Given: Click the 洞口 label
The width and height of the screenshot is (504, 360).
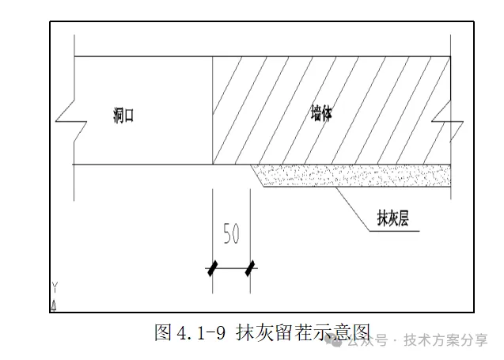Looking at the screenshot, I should click(x=123, y=116).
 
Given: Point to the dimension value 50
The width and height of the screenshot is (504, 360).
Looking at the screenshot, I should click(x=230, y=233).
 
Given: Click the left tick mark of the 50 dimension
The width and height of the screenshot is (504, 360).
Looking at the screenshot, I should click(x=212, y=268).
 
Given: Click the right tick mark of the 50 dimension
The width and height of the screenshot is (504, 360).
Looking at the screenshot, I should click(x=251, y=268).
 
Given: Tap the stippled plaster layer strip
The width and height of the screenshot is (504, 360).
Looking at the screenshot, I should click(x=356, y=175).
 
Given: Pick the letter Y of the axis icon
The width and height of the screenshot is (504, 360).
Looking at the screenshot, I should click(x=55, y=286).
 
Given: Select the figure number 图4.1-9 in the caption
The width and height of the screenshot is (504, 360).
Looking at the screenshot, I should click(x=191, y=332).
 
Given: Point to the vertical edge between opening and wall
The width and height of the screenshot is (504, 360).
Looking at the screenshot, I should click(x=213, y=111).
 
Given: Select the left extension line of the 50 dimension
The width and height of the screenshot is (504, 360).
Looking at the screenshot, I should click(x=212, y=225).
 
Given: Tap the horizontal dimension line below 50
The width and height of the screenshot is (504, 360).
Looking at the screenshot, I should click(x=231, y=268).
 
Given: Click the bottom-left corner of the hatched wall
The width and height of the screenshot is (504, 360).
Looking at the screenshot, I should click(x=214, y=164).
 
